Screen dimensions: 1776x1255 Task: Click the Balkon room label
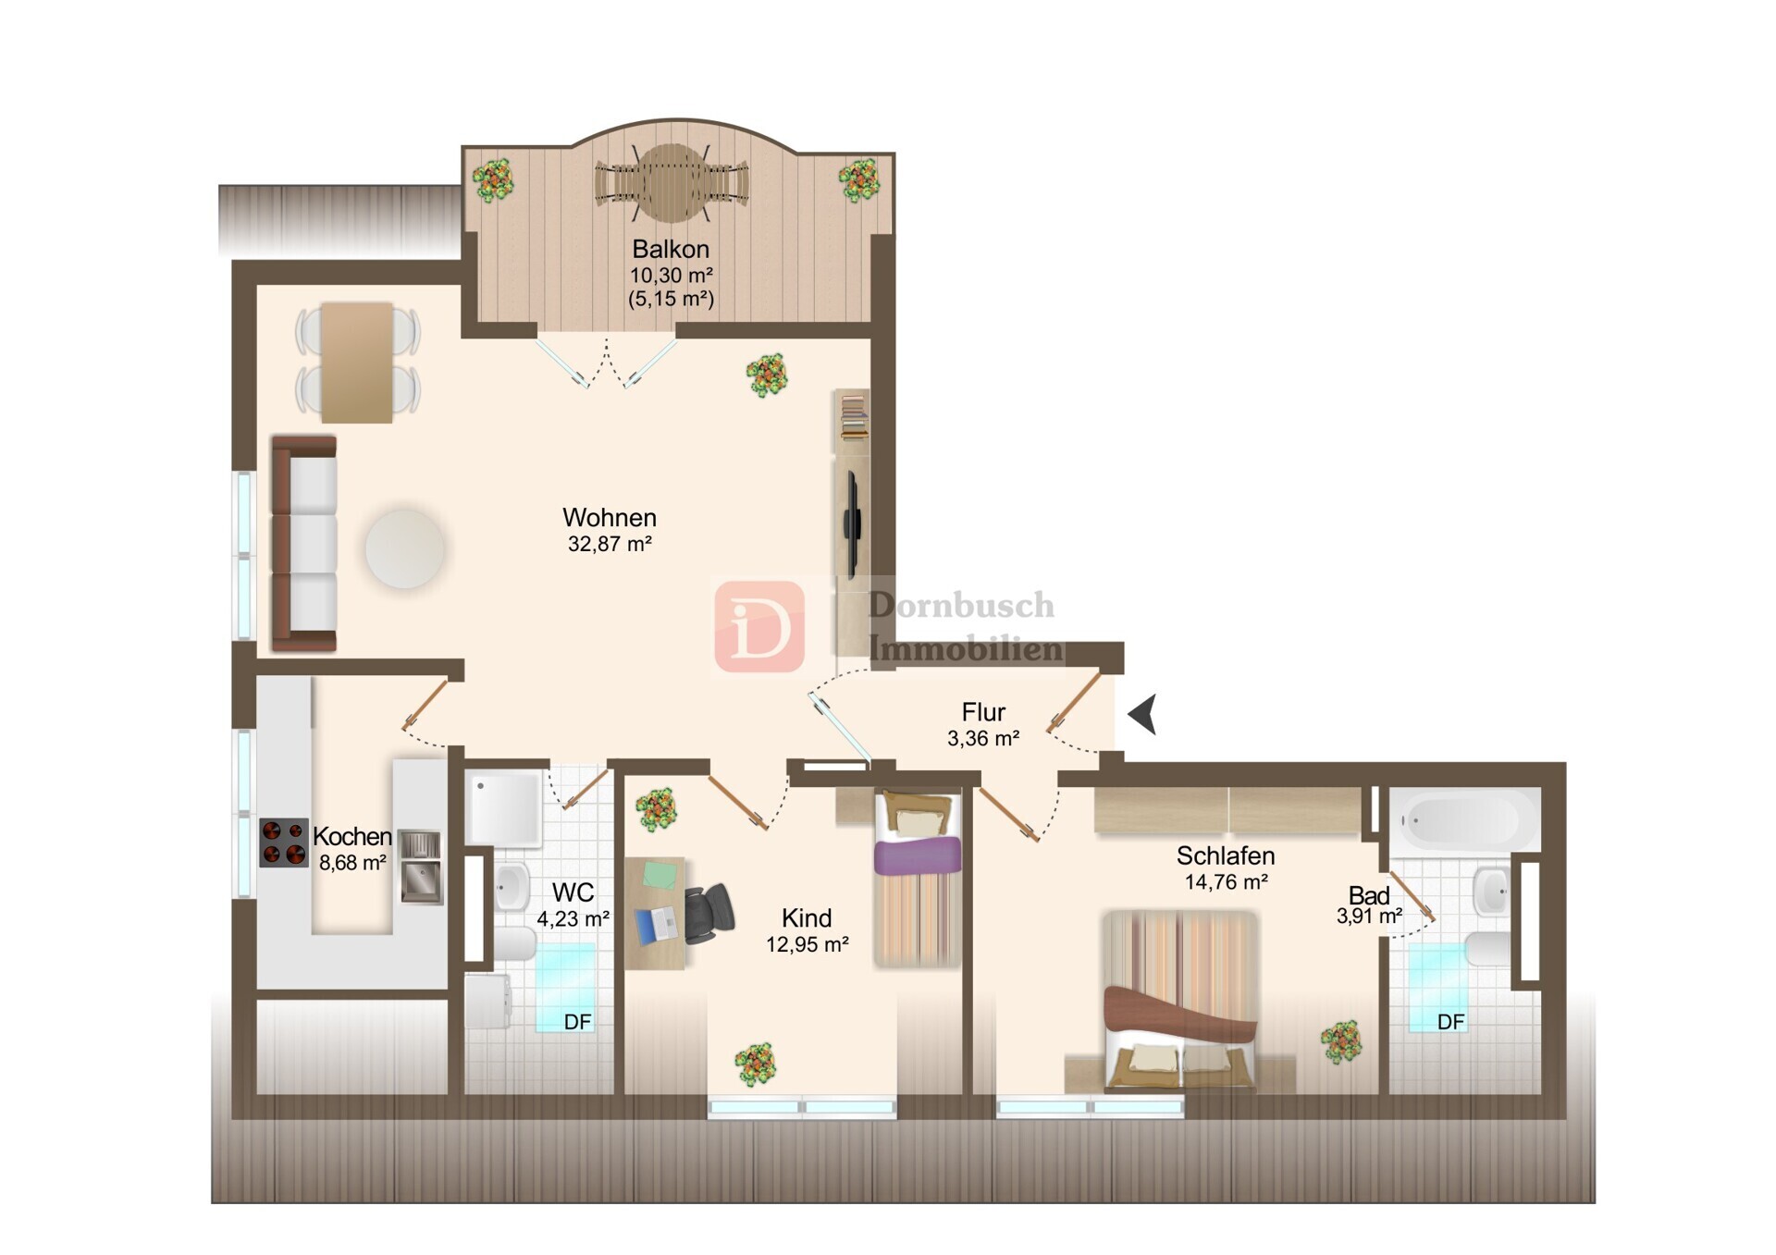click(x=671, y=249)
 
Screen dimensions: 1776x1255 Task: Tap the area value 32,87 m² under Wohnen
click(x=610, y=544)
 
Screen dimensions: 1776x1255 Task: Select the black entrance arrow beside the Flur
click(x=1143, y=714)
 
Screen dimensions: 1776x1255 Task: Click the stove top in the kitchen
click(x=284, y=843)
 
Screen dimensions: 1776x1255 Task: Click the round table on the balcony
click(x=672, y=182)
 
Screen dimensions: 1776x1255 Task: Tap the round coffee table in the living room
click(x=404, y=548)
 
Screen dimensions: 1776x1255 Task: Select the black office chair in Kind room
click(x=708, y=913)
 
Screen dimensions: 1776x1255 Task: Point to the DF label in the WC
click(x=577, y=1022)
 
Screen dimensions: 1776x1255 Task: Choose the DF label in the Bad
click(x=1450, y=1022)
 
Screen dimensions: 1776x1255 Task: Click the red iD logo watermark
click(x=759, y=626)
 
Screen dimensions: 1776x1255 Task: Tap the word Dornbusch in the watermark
click(x=961, y=605)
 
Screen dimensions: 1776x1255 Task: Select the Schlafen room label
click(x=1226, y=855)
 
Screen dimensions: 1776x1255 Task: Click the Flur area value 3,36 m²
click(x=983, y=738)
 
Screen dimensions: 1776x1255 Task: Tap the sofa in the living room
click(x=303, y=544)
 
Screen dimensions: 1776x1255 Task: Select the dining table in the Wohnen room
click(x=357, y=363)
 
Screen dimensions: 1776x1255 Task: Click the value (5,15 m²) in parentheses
click(x=671, y=299)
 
